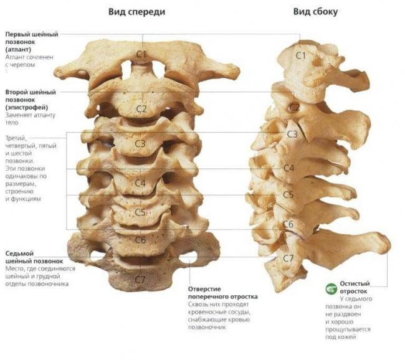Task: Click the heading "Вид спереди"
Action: (x=136, y=12)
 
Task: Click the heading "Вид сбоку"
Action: (x=315, y=12)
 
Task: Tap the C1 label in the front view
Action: (x=141, y=54)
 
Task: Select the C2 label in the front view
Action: (x=141, y=109)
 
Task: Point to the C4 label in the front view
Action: (x=140, y=183)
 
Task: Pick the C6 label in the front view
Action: (x=141, y=240)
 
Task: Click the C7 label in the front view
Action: (x=140, y=280)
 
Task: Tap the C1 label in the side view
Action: (x=301, y=55)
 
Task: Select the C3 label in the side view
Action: (x=292, y=134)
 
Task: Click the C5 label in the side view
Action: (x=288, y=195)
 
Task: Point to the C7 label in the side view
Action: (x=288, y=258)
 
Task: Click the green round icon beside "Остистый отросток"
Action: (x=331, y=289)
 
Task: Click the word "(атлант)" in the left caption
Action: (x=18, y=49)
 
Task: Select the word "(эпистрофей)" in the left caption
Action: (x=27, y=107)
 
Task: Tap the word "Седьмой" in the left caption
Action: (x=20, y=253)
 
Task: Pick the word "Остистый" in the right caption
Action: (x=355, y=283)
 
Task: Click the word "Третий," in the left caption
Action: (x=16, y=138)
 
